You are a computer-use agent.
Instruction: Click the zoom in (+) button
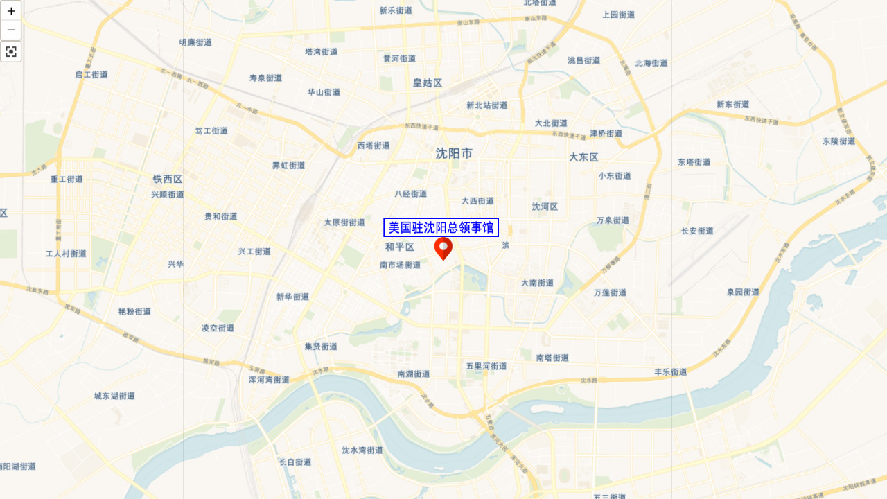11,11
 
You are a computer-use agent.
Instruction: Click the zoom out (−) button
11,30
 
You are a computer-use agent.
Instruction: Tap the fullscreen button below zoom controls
11,52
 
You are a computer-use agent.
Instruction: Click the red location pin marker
443,248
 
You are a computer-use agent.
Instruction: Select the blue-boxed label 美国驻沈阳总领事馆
441,227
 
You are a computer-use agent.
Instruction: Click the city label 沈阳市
454,153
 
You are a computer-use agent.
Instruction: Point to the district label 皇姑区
428,82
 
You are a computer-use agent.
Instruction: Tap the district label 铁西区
168,179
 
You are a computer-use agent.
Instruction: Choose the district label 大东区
583,157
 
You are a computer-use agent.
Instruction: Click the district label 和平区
400,247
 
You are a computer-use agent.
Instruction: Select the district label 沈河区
545,207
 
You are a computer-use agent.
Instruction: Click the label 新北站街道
486,105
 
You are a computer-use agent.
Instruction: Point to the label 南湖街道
413,374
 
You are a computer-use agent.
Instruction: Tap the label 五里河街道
486,366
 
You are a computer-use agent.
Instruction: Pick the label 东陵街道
838,141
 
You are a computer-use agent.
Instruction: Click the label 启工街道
91,75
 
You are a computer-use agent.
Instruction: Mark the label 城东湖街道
114,396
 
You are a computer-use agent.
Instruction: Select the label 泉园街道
743,292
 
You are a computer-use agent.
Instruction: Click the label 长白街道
295,462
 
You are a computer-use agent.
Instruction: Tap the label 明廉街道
195,42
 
